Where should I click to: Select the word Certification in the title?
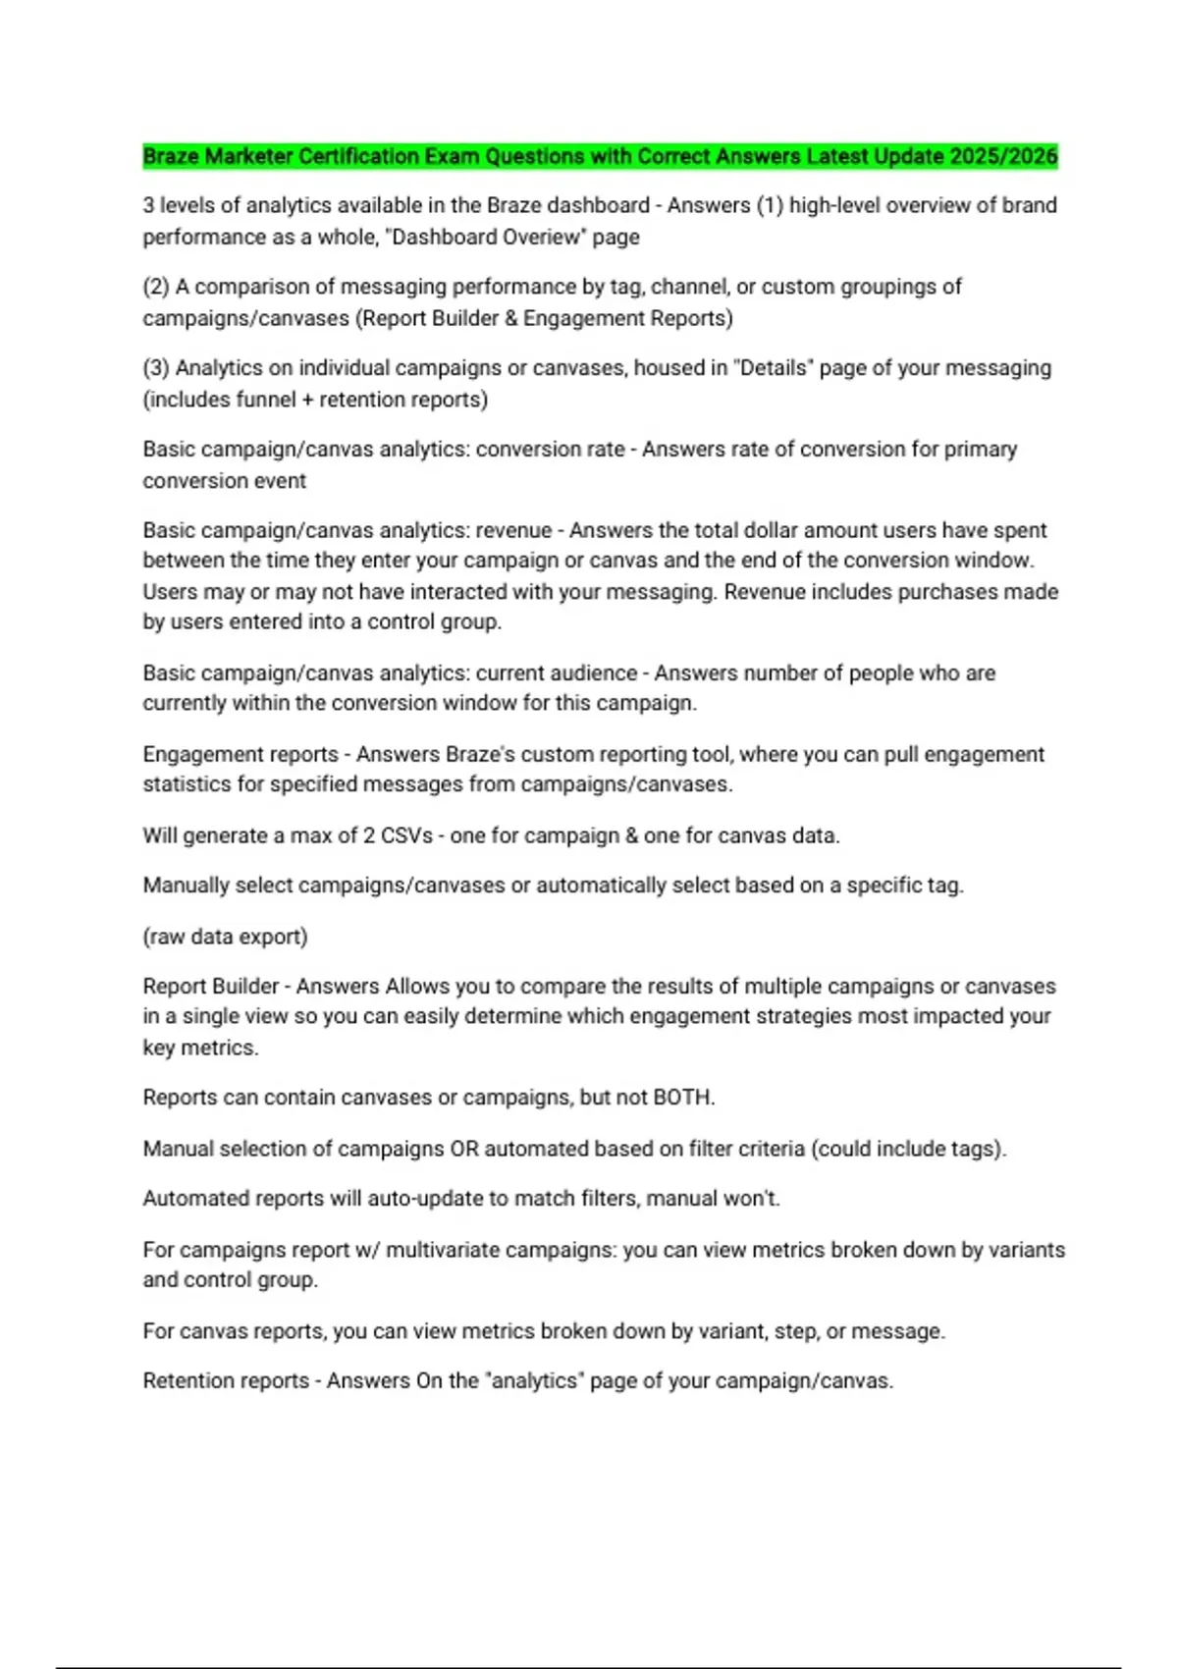[357, 156]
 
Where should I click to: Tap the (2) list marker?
[156, 287]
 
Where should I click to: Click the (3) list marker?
[156, 368]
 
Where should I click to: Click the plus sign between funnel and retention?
[309, 400]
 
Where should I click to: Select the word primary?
[981, 450]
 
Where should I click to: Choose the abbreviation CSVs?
[405, 836]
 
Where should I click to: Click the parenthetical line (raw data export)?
[225, 937]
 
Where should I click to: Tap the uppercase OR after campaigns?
[463, 1149]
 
